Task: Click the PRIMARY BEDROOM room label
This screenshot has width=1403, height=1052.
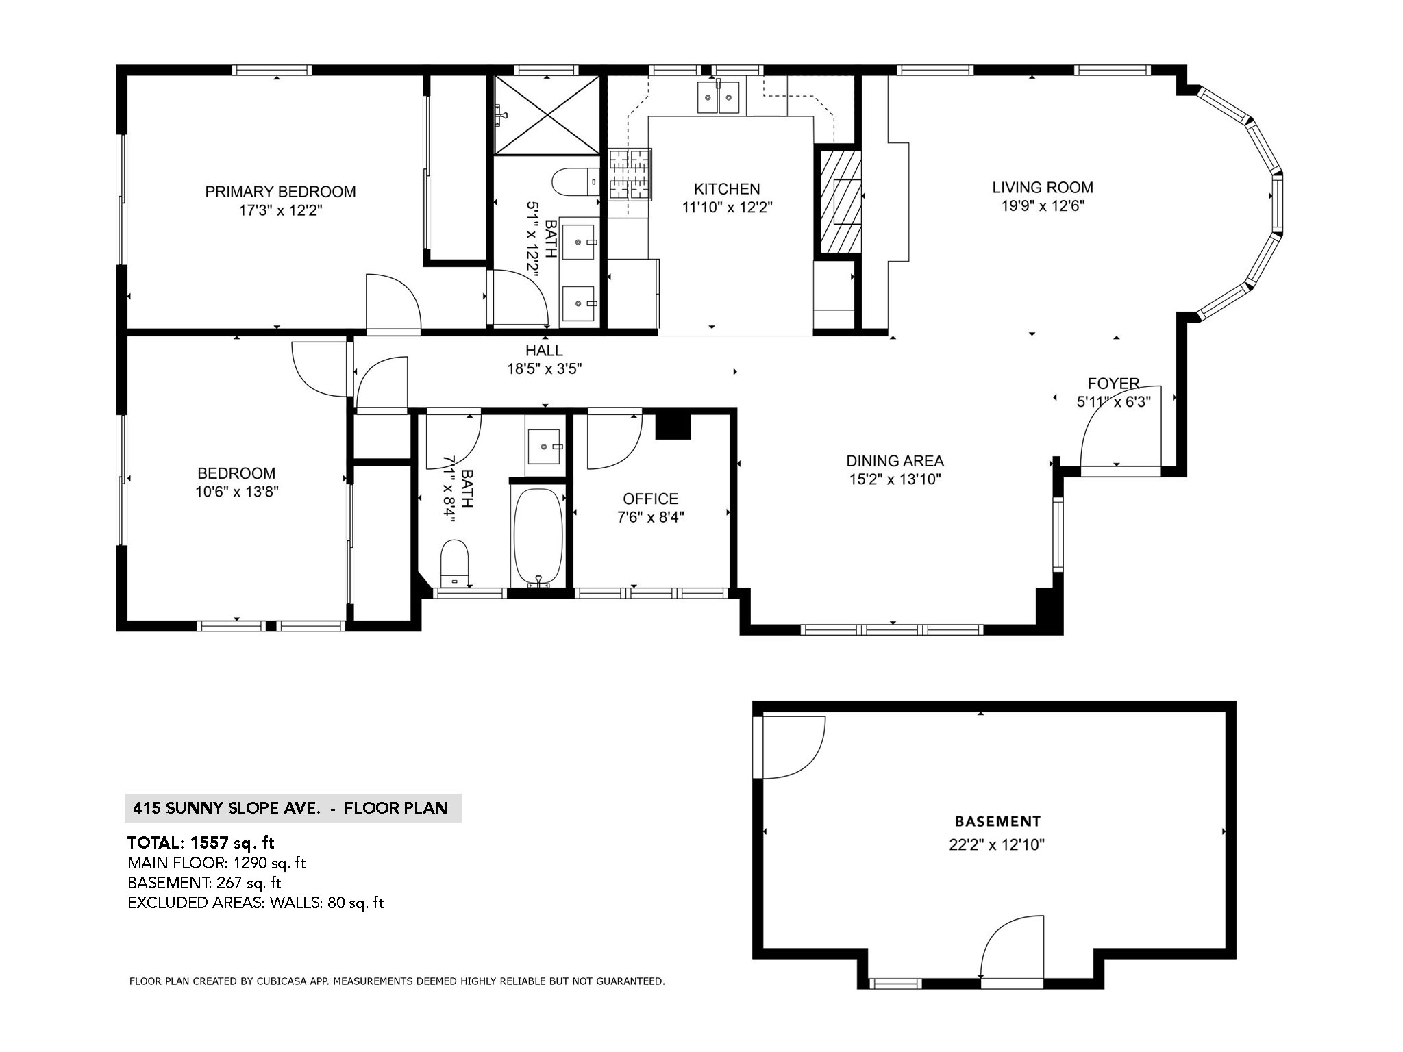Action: pyautogui.click(x=280, y=192)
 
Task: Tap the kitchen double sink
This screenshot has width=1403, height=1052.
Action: pyautogui.click(x=718, y=97)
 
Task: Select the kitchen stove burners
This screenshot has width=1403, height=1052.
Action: pyautogui.click(x=629, y=174)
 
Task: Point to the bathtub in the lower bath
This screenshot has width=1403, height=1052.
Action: pyautogui.click(x=538, y=536)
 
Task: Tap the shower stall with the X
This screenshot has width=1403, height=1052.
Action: pyautogui.click(x=547, y=115)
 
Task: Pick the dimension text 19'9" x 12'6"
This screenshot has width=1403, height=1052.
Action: pyautogui.click(x=1043, y=206)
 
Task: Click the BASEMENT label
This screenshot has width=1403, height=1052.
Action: pyautogui.click(x=997, y=821)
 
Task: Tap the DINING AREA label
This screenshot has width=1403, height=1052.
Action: pyautogui.click(x=895, y=461)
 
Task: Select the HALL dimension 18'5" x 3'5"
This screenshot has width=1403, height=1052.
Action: pyautogui.click(x=544, y=369)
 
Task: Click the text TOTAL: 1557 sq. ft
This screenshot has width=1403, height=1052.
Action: pyautogui.click(x=201, y=842)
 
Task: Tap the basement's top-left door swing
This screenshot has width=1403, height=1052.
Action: pyautogui.click(x=791, y=748)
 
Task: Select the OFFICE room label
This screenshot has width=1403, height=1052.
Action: pyautogui.click(x=650, y=499)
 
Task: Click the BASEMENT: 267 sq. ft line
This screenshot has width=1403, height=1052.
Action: pyautogui.click(x=204, y=883)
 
